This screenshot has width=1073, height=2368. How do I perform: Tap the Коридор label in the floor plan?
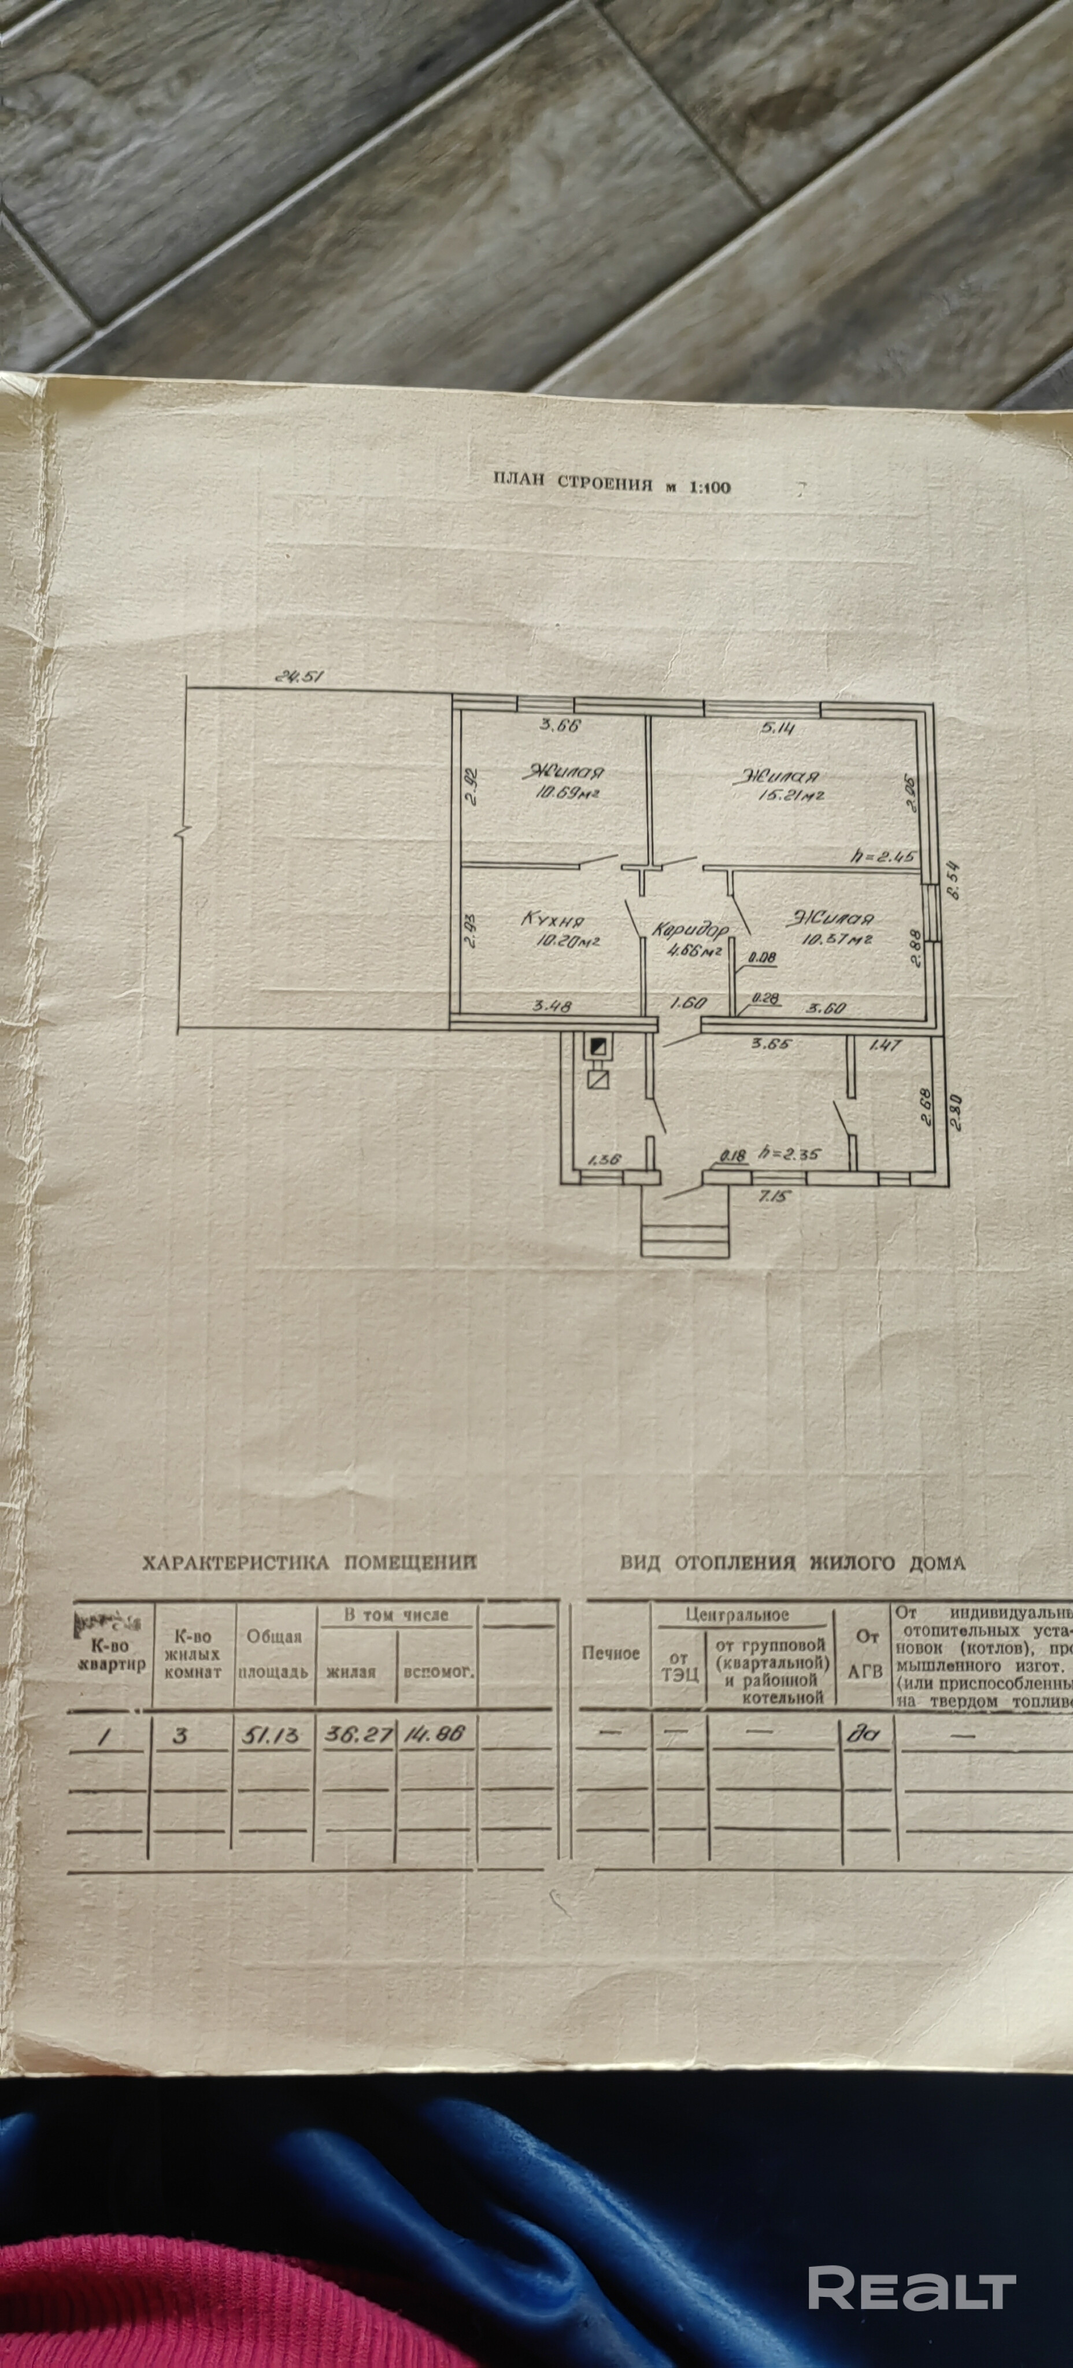(690, 930)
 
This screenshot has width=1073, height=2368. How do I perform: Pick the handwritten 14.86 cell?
(436, 1734)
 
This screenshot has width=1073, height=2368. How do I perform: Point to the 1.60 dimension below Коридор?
(681, 1005)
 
